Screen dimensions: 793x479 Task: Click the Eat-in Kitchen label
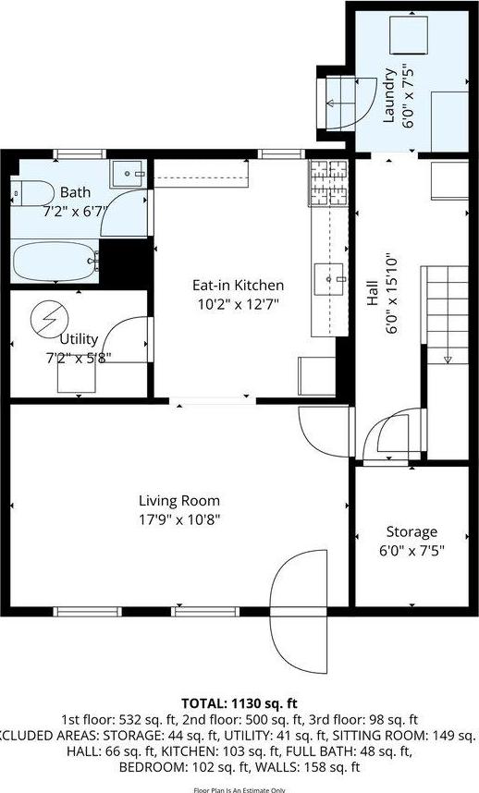tap(238, 285)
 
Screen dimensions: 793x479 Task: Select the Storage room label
tap(411, 532)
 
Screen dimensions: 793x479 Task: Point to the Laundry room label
tap(389, 96)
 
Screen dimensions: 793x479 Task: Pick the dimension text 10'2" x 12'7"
tap(238, 303)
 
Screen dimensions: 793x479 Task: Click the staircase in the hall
tap(446, 314)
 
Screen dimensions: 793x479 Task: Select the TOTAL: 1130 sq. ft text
tap(239, 703)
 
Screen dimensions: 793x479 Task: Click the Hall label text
tap(373, 295)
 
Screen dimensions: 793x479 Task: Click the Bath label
tap(75, 192)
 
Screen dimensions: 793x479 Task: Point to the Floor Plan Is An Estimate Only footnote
tap(239, 788)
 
